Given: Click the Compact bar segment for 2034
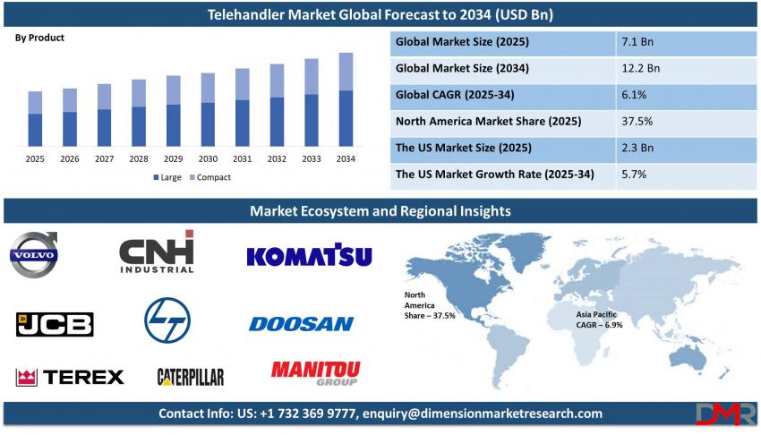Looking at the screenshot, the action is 346,72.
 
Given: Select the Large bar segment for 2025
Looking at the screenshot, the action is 35,130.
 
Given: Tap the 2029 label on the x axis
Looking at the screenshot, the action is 174,158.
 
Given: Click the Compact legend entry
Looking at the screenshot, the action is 210,177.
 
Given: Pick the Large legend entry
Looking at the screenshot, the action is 167,177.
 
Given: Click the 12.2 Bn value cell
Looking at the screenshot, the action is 641,68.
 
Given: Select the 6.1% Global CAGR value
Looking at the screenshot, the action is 634,95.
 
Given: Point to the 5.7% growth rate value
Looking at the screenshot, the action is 634,175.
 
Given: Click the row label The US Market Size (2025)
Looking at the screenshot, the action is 464,148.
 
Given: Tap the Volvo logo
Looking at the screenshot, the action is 34,254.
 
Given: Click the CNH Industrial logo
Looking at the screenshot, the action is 157,252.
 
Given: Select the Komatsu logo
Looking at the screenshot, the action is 309,255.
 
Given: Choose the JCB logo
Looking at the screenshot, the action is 55,324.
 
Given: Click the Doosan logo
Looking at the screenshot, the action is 302,324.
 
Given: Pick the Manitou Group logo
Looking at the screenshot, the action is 315,373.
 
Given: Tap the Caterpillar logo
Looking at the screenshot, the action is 191,377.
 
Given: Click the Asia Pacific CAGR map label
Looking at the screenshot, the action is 599,320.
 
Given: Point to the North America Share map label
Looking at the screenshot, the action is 430,305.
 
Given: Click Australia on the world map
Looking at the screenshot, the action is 688,358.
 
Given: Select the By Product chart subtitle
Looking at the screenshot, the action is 39,38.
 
